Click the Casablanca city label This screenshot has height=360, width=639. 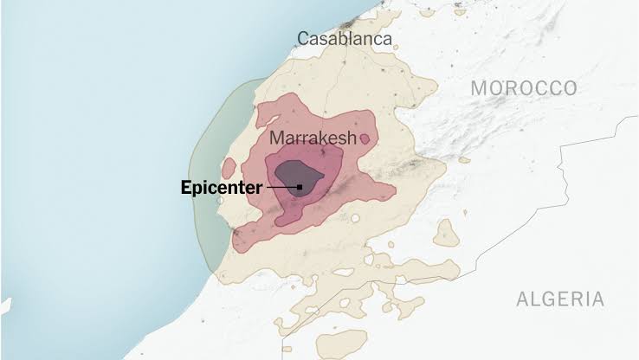pos(344,39)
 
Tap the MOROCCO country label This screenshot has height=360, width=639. pos(524,88)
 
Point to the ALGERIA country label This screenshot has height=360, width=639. pos(559,299)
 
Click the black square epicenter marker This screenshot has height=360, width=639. pos(300,187)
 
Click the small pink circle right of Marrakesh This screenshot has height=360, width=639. pos(365,138)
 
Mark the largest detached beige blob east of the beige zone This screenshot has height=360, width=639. pos(446,233)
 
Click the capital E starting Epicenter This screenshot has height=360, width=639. pos(186,187)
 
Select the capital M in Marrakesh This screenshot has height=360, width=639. pos(277,138)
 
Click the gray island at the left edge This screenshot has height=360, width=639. pos(4,305)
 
